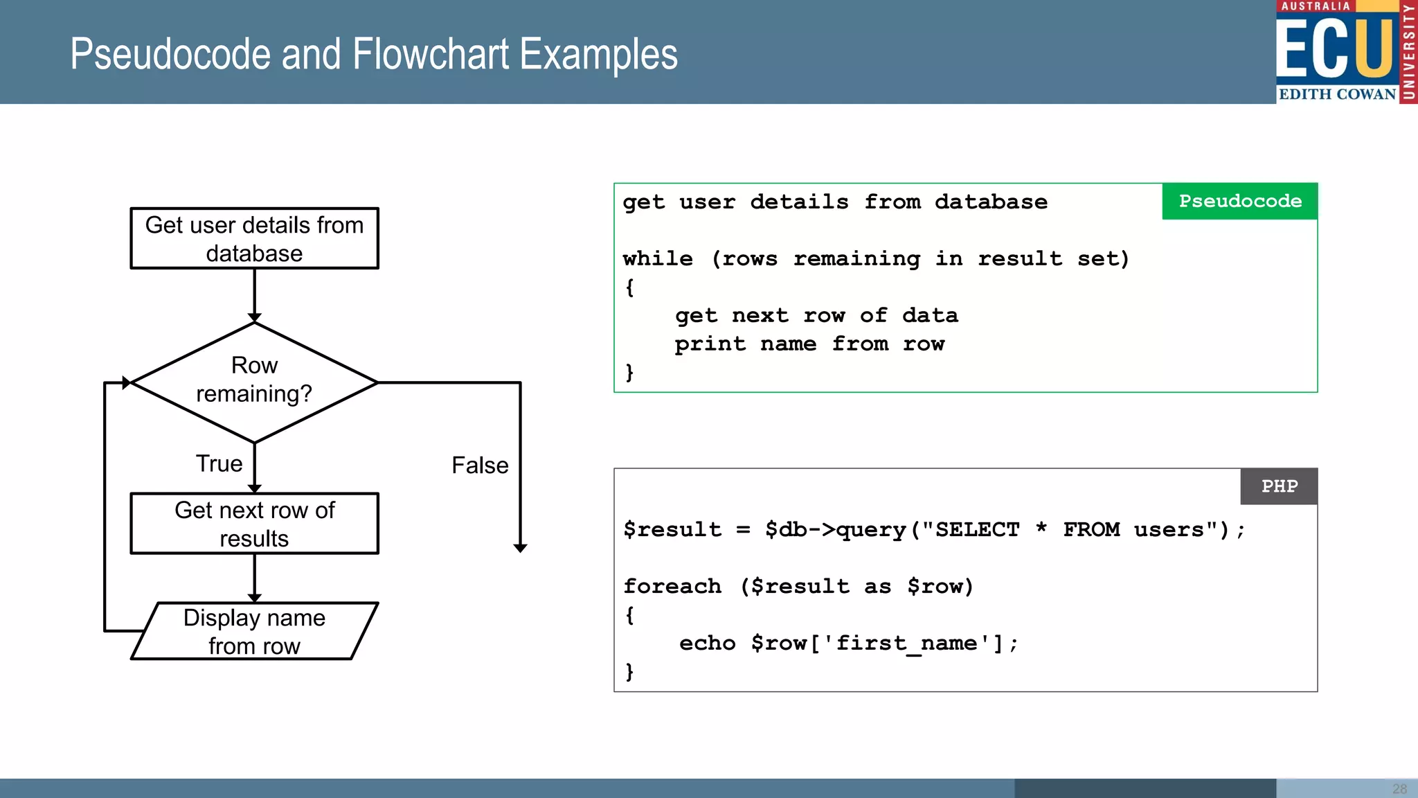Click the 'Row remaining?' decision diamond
pyautogui.click(x=254, y=382)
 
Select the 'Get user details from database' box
pyautogui.click(x=254, y=238)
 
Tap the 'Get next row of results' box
pyautogui.click(x=254, y=524)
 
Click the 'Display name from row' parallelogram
pyautogui.click(x=254, y=631)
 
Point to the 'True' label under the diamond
pyautogui.click(x=219, y=463)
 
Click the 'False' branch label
pyautogui.click(x=480, y=465)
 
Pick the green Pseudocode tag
pyautogui.click(x=1239, y=202)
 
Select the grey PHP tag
pyautogui.click(x=1279, y=486)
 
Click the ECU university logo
pyautogui.click(x=1345, y=52)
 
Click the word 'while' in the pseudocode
pyautogui.click(x=658, y=259)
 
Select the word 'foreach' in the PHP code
pyautogui.click(x=672, y=587)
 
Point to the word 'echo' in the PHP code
pyautogui.click(x=707, y=644)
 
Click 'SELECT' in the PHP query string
pyautogui.click(x=977, y=530)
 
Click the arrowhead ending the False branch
pyautogui.click(x=521, y=548)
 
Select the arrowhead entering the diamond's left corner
pyautogui.click(x=126, y=382)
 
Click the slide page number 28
pyautogui.click(x=1399, y=789)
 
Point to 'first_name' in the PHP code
pyautogui.click(x=906, y=644)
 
